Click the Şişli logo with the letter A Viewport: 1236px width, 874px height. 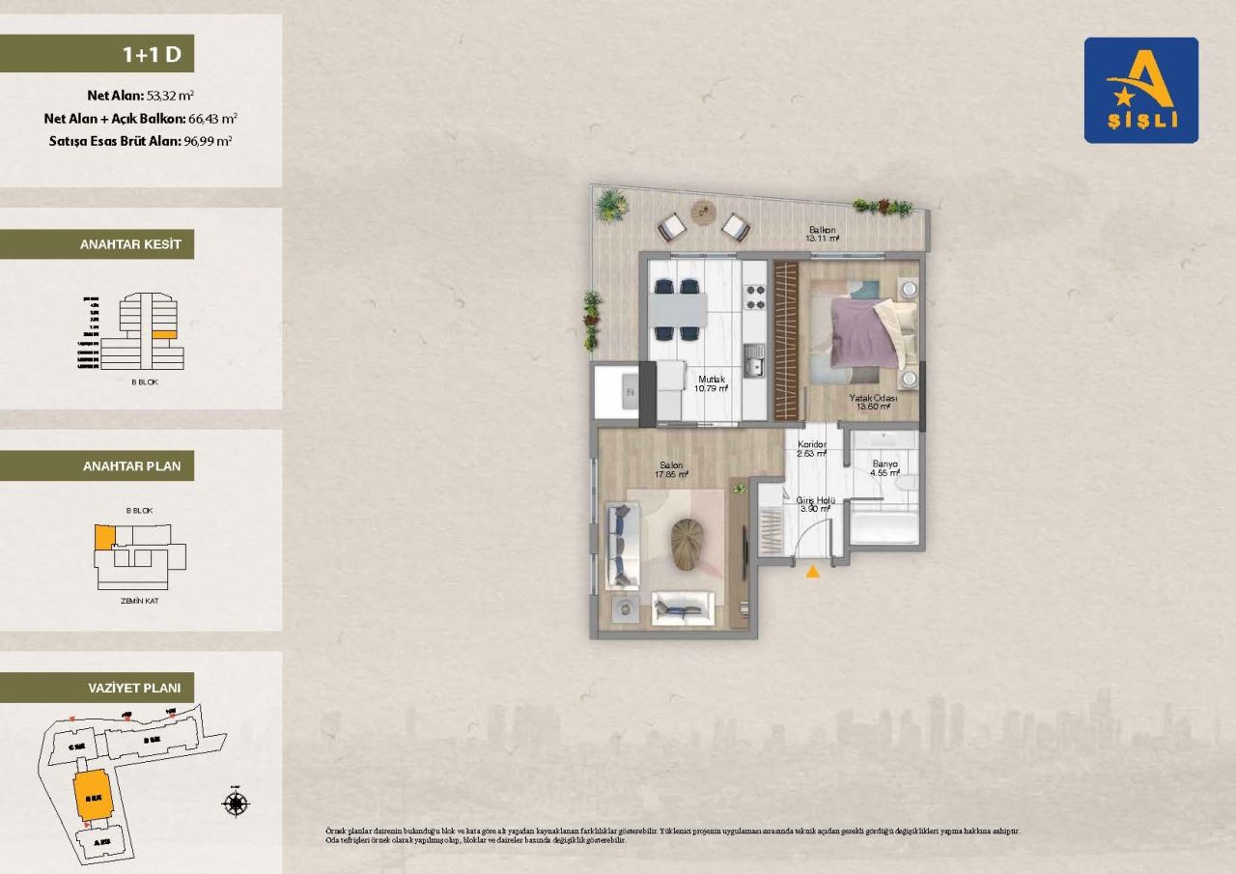click(x=1140, y=90)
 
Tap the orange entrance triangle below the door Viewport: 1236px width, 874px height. click(x=813, y=572)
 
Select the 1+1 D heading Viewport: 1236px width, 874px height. click(x=152, y=54)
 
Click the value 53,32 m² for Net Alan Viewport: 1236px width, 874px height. click(x=170, y=96)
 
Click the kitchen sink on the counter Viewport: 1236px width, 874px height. click(x=754, y=367)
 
